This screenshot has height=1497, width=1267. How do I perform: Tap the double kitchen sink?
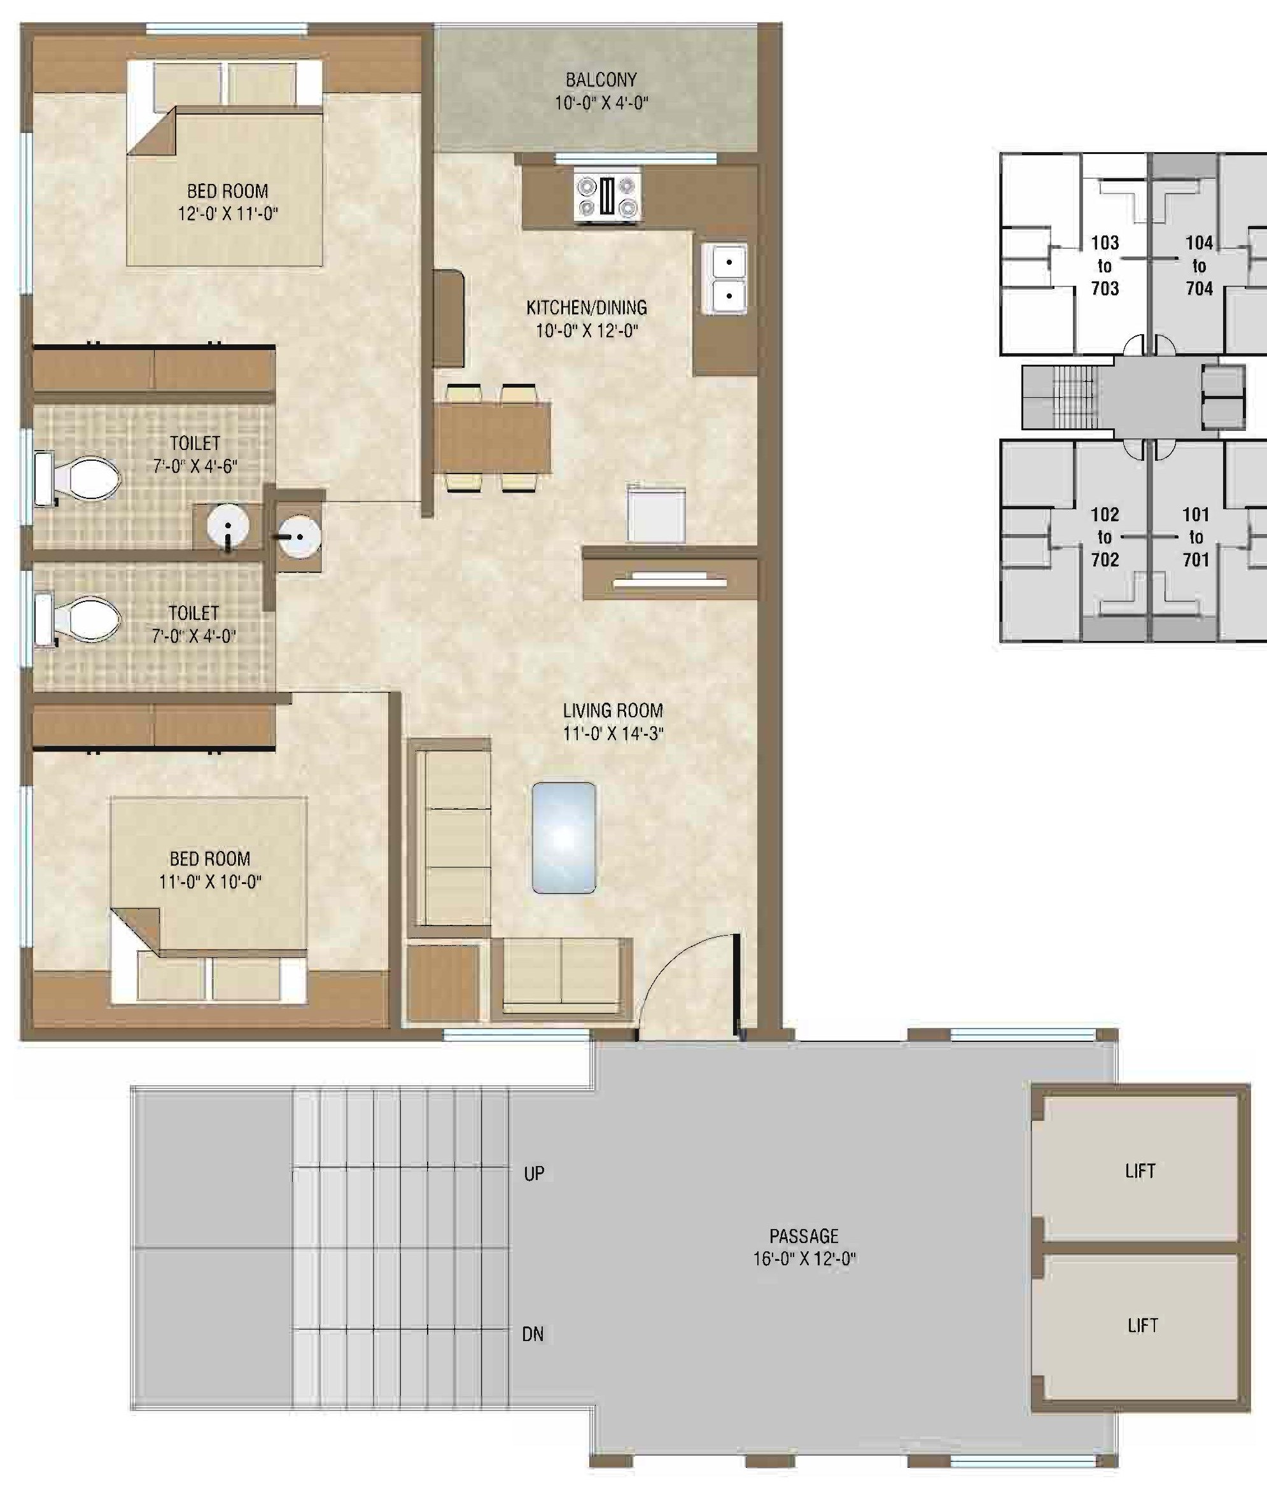tap(728, 278)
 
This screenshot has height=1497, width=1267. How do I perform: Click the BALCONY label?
tap(601, 80)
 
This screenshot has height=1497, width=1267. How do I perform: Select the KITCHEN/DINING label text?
tap(586, 308)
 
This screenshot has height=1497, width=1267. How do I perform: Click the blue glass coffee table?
tap(564, 838)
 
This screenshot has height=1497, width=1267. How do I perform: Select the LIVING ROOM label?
tap(613, 710)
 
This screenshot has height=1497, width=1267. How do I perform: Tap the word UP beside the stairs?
tap(534, 1174)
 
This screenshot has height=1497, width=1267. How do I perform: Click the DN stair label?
tap(532, 1335)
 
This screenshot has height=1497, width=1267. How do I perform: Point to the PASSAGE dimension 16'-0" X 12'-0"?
tap(804, 1259)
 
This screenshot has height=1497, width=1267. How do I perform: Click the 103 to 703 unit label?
tap(1105, 266)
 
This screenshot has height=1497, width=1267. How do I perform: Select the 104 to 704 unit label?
tap(1199, 266)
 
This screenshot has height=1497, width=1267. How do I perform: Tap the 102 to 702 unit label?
tap(1105, 537)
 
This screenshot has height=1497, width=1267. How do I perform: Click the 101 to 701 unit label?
tap(1196, 537)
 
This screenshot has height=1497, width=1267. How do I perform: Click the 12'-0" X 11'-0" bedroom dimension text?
tap(228, 214)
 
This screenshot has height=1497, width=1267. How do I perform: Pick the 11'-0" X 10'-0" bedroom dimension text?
tap(210, 882)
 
